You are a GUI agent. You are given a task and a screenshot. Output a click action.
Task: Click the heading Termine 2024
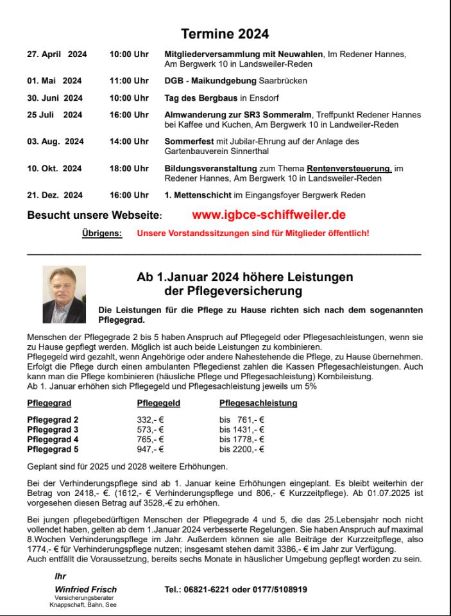pos(225,34)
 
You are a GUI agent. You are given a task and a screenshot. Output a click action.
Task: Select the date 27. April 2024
pos(56,55)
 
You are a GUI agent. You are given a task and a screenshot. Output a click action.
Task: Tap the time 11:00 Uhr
pos(129,81)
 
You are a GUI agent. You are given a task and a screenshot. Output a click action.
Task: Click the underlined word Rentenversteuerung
pos(349,169)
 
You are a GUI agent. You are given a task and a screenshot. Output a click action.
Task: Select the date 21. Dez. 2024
pos(55,195)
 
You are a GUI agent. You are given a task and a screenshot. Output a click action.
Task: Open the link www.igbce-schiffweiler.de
pos(269,215)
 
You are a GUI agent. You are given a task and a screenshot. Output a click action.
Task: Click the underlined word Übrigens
pos(102,234)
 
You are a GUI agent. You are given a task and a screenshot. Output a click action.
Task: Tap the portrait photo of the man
pos(64,295)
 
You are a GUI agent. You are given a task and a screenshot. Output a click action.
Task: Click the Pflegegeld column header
pos(158,404)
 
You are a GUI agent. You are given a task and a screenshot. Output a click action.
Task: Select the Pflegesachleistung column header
pos(258,404)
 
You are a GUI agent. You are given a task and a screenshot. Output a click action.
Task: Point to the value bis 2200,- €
pos(242,449)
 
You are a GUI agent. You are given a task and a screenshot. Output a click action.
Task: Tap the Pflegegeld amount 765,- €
pos(151,440)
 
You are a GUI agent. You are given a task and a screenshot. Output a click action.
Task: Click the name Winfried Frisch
pos(86,589)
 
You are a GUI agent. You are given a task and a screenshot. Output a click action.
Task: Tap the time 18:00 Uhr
pos(129,169)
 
